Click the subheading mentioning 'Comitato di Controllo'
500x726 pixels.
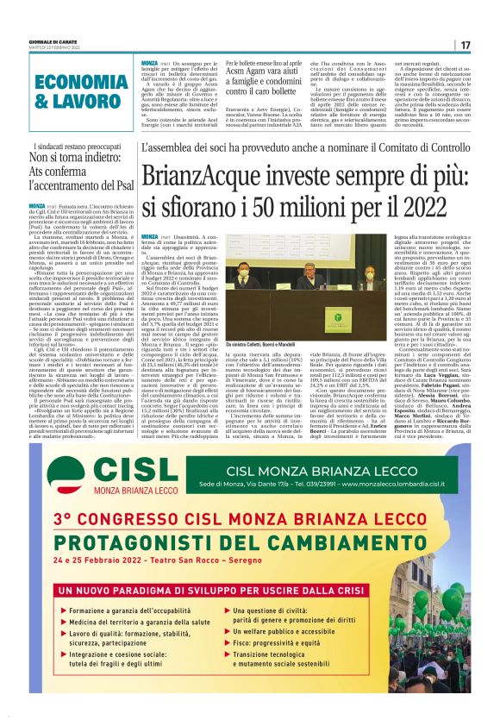click(x=302, y=148)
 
